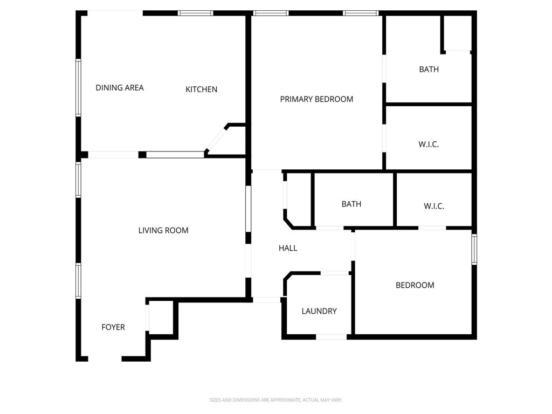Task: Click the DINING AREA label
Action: click(120, 87)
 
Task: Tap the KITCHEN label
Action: click(201, 89)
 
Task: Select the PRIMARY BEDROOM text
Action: click(316, 99)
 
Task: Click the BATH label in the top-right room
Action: click(429, 69)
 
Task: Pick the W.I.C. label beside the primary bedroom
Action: click(429, 144)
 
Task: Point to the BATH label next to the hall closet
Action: click(351, 204)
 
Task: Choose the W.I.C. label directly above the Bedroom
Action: click(434, 206)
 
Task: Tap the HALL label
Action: click(288, 248)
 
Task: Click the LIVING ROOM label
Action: click(163, 230)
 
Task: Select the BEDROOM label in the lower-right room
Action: click(415, 285)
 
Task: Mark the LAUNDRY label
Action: click(319, 310)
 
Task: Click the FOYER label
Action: click(113, 327)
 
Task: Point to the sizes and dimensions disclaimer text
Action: click(276, 400)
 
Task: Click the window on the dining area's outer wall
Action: click(78, 87)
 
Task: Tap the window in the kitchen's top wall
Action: click(195, 13)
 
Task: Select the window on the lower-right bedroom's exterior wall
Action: click(474, 249)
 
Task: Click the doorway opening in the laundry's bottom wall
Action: click(331, 337)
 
